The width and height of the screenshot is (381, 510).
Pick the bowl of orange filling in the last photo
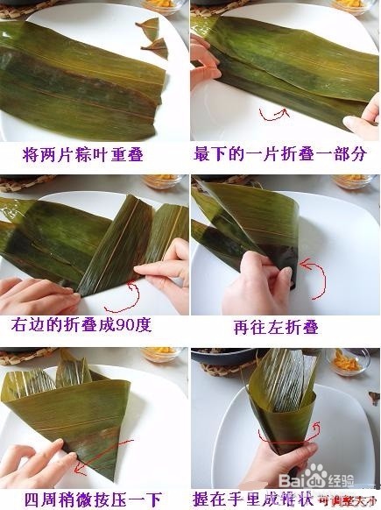[x=349, y=359]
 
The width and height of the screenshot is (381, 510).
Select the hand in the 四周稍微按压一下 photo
[x=39, y=460]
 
